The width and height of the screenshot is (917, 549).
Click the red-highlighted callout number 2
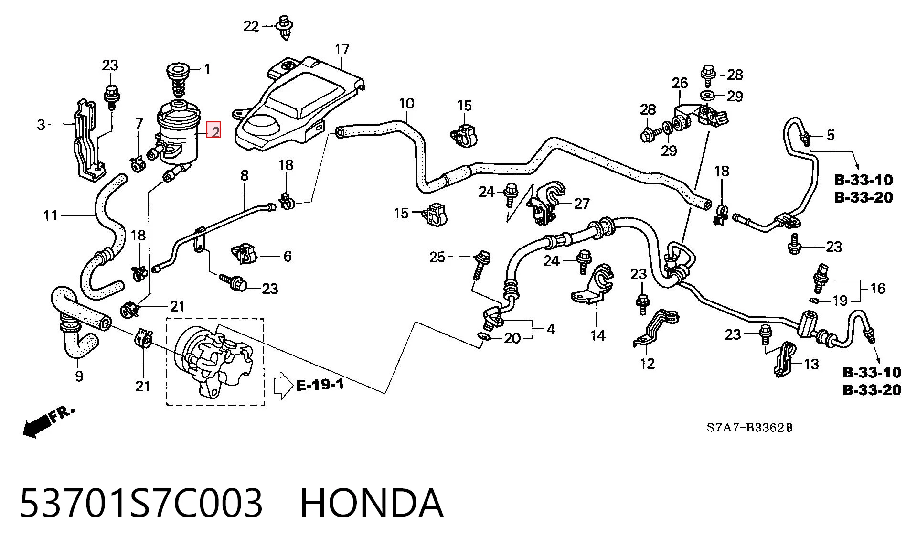213,129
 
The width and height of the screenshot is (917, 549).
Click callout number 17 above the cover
342,49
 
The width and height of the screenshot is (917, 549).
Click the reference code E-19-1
320,385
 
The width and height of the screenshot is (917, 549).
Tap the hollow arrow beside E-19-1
283,385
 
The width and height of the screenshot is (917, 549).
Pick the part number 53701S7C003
141,503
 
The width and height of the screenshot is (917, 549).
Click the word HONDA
372,503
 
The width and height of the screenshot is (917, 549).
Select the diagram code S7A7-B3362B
749,427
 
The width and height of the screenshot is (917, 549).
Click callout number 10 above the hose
406,103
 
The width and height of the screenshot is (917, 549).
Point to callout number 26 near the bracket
680,83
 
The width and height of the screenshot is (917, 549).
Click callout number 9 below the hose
79,376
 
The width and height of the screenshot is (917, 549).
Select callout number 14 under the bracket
597,336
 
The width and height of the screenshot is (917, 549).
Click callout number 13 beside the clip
811,364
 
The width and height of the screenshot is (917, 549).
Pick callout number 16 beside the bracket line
878,289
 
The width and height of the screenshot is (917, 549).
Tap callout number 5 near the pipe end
831,135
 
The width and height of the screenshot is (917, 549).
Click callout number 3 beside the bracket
41,125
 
